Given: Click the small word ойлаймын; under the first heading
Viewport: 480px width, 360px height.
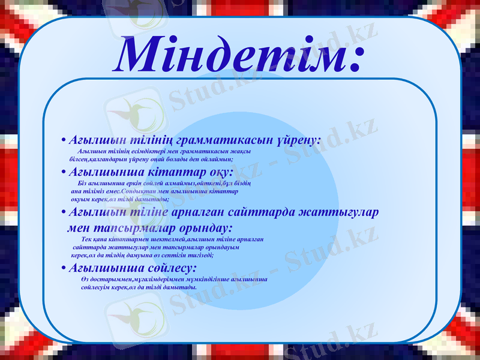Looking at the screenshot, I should [216, 159].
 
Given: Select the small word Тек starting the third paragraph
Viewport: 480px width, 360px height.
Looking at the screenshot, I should [86, 239].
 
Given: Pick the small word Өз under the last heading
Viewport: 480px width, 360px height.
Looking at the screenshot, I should [83, 280].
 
